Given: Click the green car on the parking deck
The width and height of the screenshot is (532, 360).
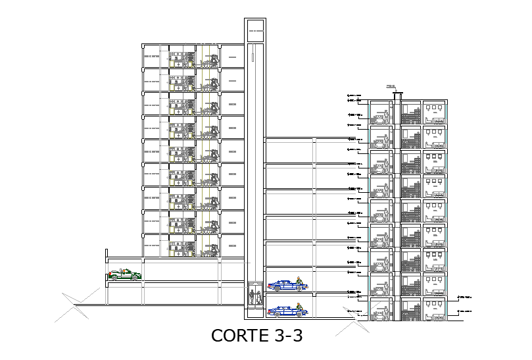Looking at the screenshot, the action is coord(124,274).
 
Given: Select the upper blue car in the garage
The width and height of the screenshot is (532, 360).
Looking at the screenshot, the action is coord(283,285).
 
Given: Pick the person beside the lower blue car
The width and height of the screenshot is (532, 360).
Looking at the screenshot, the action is coord(299,307).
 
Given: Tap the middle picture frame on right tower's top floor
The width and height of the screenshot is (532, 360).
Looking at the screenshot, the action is coord(435,107).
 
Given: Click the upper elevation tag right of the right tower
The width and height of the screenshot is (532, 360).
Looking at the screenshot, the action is coord(464,297).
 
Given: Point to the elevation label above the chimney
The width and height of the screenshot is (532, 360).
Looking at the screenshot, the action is coord(391,86).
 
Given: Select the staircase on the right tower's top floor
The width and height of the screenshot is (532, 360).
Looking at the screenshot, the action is coord(411,116).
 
